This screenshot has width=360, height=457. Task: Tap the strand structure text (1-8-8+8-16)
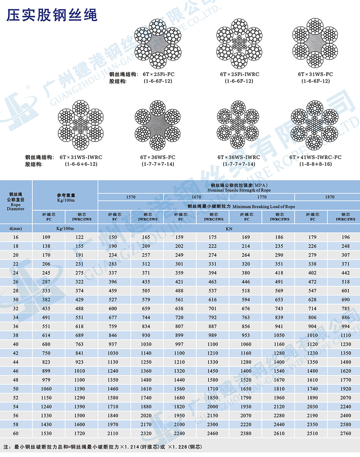click(316, 165)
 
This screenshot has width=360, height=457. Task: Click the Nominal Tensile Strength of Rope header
click(229, 189)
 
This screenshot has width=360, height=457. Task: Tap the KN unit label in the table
click(229, 228)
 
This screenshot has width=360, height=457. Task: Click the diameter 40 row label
click(16, 344)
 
